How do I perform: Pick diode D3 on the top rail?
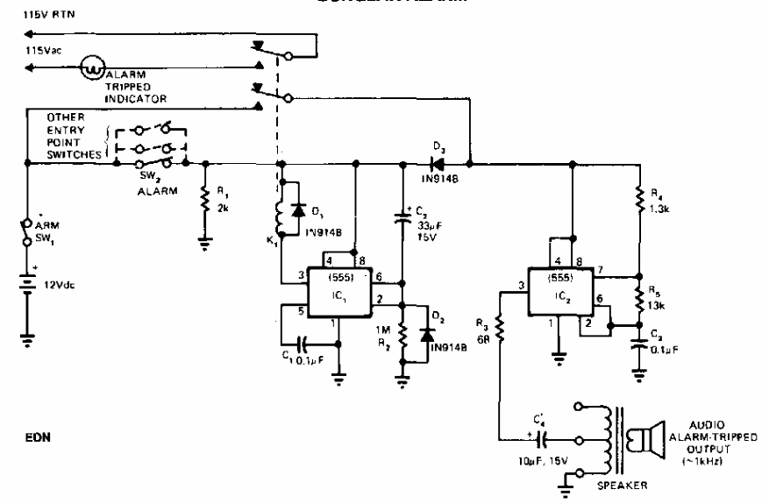(435, 162)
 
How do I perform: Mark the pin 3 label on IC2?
(521, 285)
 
